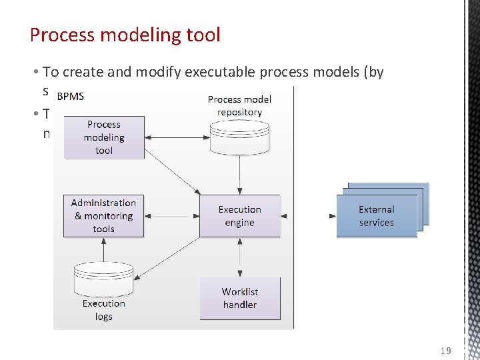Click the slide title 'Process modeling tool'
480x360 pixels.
tap(125, 35)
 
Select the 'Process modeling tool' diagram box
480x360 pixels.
tap(103, 137)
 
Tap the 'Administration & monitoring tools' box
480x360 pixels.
tap(103, 216)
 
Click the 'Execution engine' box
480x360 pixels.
tap(239, 216)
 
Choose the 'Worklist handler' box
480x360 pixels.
tap(239, 298)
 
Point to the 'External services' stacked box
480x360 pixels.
tap(377, 216)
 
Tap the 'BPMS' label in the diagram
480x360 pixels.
tap(70, 96)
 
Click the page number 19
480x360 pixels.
tap(446, 350)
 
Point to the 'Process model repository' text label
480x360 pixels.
tap(239, 105)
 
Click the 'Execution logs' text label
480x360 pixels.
tap(103, 310)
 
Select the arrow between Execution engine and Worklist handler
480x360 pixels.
tap(239, 257)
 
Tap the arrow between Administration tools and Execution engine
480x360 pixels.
tap(171, 216)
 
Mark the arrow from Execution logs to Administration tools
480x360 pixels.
tap(103, 249)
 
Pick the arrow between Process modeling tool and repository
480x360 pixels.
tap(177, 138)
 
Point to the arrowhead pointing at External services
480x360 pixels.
tap(332, 216)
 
